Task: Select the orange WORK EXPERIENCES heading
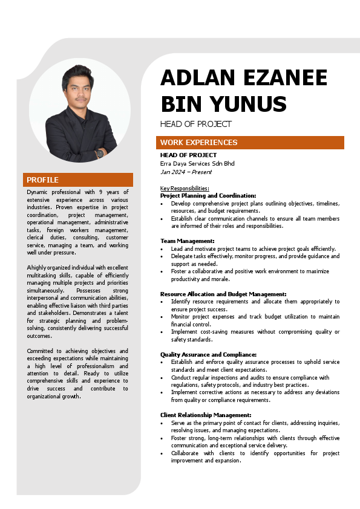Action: [x=198, y=143]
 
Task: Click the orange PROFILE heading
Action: [x=42, y=180]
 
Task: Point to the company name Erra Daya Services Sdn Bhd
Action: [x=197, y=164]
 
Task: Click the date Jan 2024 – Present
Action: [x=186, y=172]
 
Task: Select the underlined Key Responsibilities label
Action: [x=185, y=189]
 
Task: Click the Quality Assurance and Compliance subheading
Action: [x=208, y=354]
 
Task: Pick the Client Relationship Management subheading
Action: [x=206, y=415]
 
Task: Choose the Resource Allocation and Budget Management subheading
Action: [x=223, y=294]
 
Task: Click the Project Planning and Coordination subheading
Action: [x=208, y=196]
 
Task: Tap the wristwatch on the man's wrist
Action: [x=99, y=154]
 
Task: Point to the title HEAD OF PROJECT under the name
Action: [x=195, y=124]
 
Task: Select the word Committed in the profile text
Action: [x=42, y=351]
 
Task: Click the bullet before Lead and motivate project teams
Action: [x=162, y=249]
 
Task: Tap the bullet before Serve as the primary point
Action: [x=162, y=423]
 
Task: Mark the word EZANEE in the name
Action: [x=285, y=79]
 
